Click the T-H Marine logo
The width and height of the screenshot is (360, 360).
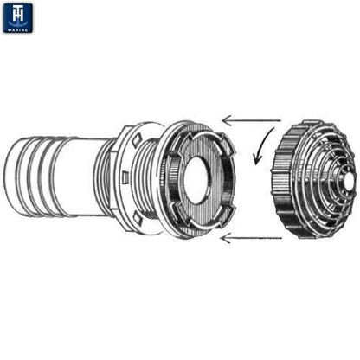point(17,16)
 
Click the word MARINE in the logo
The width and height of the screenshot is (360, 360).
point(17,29)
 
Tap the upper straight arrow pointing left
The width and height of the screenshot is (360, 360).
point(251,119)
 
